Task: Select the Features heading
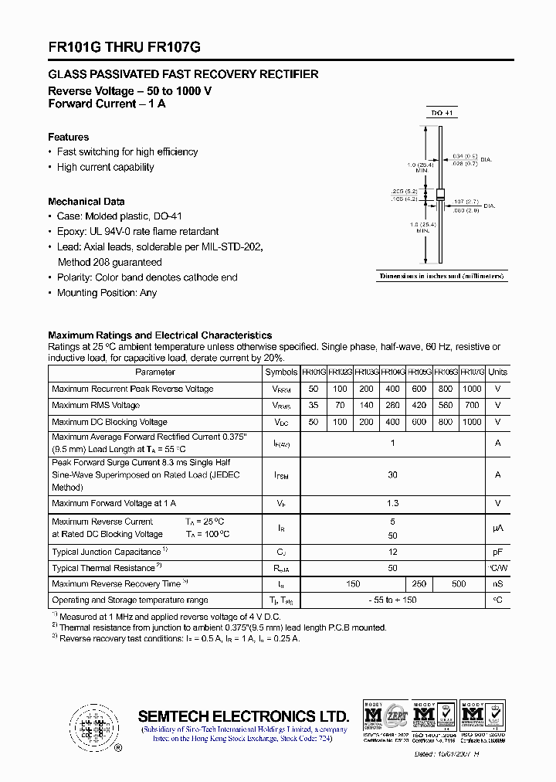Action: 69,137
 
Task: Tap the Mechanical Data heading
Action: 86,202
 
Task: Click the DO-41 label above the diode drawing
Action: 442,113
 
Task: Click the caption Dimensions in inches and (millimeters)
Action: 442,276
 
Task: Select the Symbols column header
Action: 281,372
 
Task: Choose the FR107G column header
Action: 472,372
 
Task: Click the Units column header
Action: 498,372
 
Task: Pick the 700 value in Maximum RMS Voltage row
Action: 472,405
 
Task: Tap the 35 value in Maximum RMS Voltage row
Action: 314,405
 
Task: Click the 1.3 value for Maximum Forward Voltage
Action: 392,504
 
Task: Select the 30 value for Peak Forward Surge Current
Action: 392,475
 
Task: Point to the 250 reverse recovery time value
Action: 419,584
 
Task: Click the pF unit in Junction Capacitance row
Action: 498,552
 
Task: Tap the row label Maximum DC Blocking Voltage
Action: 110,422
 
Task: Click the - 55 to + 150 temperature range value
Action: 392,600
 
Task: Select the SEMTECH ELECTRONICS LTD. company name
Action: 243,716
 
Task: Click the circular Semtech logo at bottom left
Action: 94,727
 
